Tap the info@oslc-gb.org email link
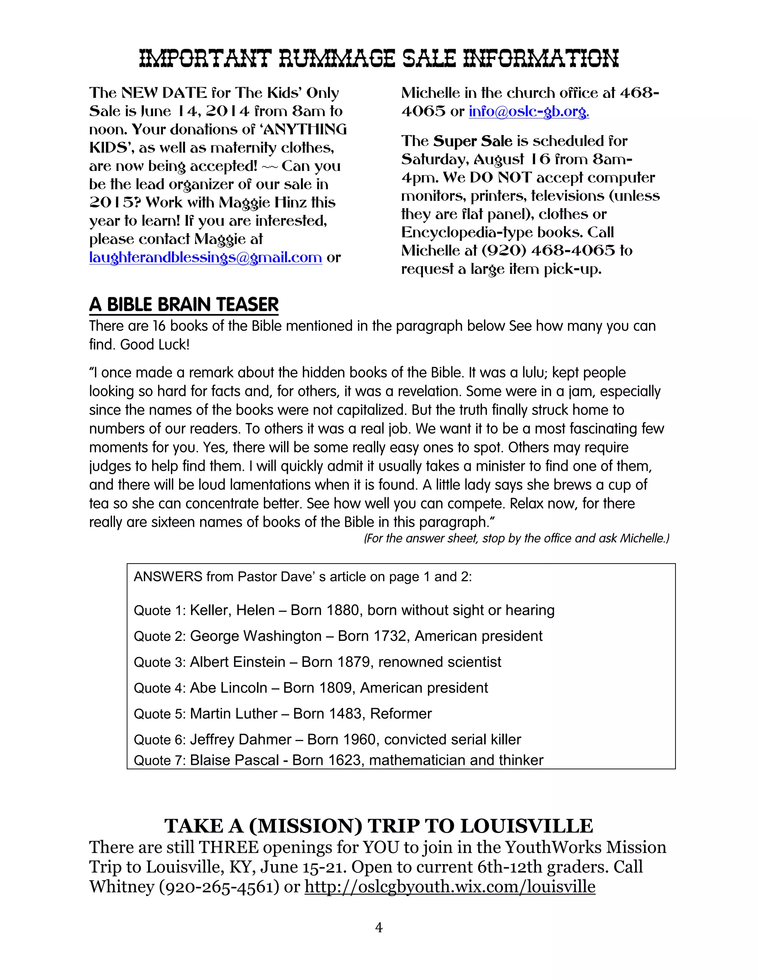point(529,111)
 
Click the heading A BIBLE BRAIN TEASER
point(184,305)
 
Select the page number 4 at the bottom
point(379,927)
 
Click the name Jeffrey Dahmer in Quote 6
point(241,740)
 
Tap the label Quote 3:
point(160,662)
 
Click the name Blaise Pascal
point(234,760)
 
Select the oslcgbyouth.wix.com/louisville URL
point(450,887)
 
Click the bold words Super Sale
point(472,141)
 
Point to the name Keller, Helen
point(232,610)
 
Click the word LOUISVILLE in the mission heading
point(527,826)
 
